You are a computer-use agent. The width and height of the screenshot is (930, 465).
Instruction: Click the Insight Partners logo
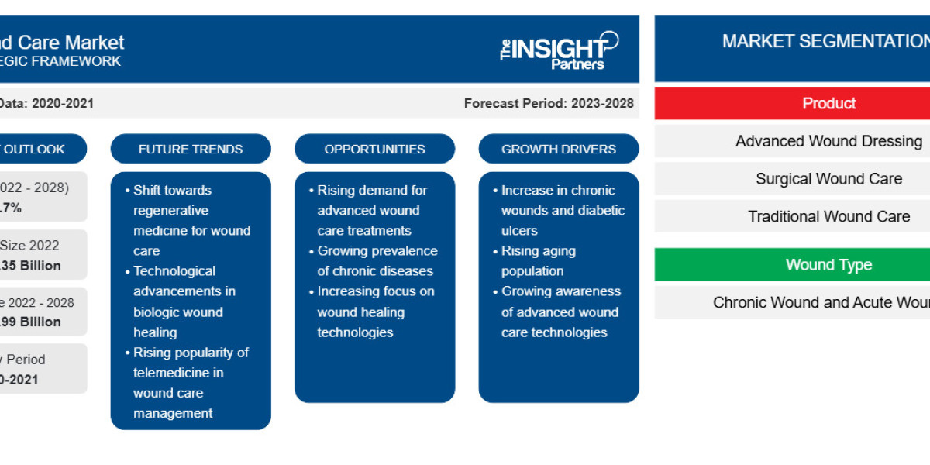(559, 50)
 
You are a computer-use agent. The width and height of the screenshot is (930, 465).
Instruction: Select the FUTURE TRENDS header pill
(191, 149)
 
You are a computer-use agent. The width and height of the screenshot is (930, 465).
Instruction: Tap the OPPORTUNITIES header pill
(374, 149)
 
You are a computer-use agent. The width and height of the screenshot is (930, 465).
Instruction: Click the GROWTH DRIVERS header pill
(558, 149)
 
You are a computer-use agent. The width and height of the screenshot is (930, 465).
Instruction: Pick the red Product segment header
(828, 103)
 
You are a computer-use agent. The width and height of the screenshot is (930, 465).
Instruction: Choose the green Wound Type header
(828, 265)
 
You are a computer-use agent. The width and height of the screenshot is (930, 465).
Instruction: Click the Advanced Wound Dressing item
(828, 141)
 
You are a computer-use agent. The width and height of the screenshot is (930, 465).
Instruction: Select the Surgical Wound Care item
(828, 179)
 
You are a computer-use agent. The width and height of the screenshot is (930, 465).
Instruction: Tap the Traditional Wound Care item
(828, 216)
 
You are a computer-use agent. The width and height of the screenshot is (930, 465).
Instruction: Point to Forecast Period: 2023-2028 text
(549, 103)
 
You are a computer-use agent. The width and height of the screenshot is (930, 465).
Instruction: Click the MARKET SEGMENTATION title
(825, 41)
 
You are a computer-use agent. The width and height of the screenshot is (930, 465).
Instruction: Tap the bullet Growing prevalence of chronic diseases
(377, 261)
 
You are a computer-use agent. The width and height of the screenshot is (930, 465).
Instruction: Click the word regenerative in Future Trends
(171, 210)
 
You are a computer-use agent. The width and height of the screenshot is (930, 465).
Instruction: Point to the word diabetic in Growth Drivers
(599, 210)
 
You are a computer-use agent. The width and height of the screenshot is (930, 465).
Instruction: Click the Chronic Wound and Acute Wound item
(821, 302)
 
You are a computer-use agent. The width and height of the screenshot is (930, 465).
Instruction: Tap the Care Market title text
(66, 42)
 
